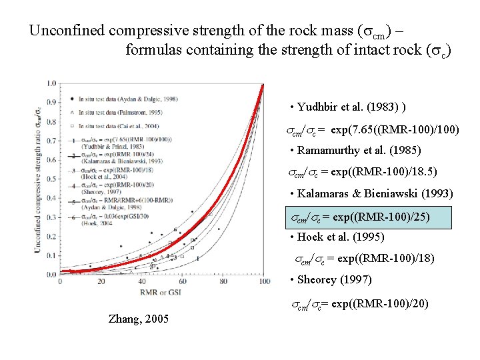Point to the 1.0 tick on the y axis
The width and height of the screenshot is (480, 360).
52,83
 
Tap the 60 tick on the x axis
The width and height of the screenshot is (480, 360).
183,281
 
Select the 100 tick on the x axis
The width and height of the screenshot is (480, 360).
264,281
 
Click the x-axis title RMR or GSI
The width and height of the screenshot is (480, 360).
162,291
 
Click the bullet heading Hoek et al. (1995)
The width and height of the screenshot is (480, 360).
337,237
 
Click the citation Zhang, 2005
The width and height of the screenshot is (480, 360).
138,319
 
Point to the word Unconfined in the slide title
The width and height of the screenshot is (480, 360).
67,31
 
